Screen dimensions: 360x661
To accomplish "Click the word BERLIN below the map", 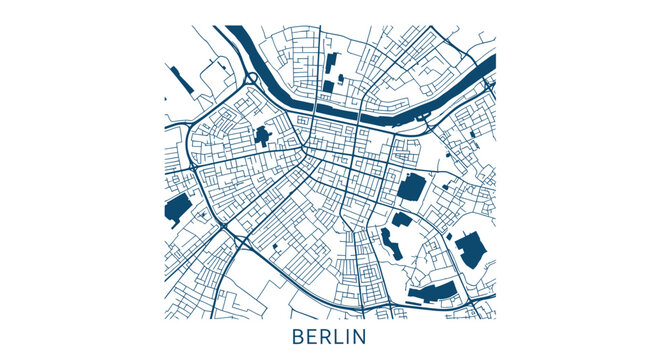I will (330, 336).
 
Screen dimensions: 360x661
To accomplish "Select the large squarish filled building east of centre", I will (411, 187).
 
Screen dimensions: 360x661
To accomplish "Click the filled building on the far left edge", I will (177, 209).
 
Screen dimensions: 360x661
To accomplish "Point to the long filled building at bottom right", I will (433, 292).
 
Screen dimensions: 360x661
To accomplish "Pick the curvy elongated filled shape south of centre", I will (387, 243).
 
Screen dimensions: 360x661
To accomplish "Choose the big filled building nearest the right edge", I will (470, 249).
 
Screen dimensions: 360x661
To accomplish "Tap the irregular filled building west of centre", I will (264, 136).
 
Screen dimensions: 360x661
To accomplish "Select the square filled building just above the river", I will (327, 87).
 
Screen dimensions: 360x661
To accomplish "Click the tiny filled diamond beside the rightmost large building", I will (450, 237).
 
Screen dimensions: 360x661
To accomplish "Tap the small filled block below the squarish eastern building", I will (401, 219).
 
